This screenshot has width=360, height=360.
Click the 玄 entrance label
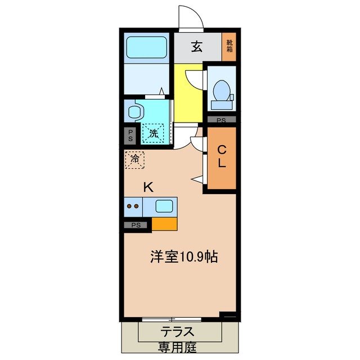(x=197, y=47)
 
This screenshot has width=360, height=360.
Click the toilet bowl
(x=222, y=91)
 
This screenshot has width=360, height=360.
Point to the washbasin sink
(x=133, y=111)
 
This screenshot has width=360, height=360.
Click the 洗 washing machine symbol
(x=154, y=133)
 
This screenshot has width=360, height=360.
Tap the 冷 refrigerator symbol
(x=134, y=160)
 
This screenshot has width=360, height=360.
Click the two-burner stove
(x=134, y=206)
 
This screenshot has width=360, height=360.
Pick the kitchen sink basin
(x=164, y=206)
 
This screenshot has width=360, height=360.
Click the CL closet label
(x=222, y=157)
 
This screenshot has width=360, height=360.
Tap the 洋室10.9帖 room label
(x=183, y=257)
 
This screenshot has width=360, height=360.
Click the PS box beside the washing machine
(x=130, y=135)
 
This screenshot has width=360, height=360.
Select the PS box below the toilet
(x=222, y=120)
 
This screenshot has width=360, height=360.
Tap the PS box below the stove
(x=136, y=226)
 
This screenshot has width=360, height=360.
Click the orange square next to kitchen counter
(x=164, y=224)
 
